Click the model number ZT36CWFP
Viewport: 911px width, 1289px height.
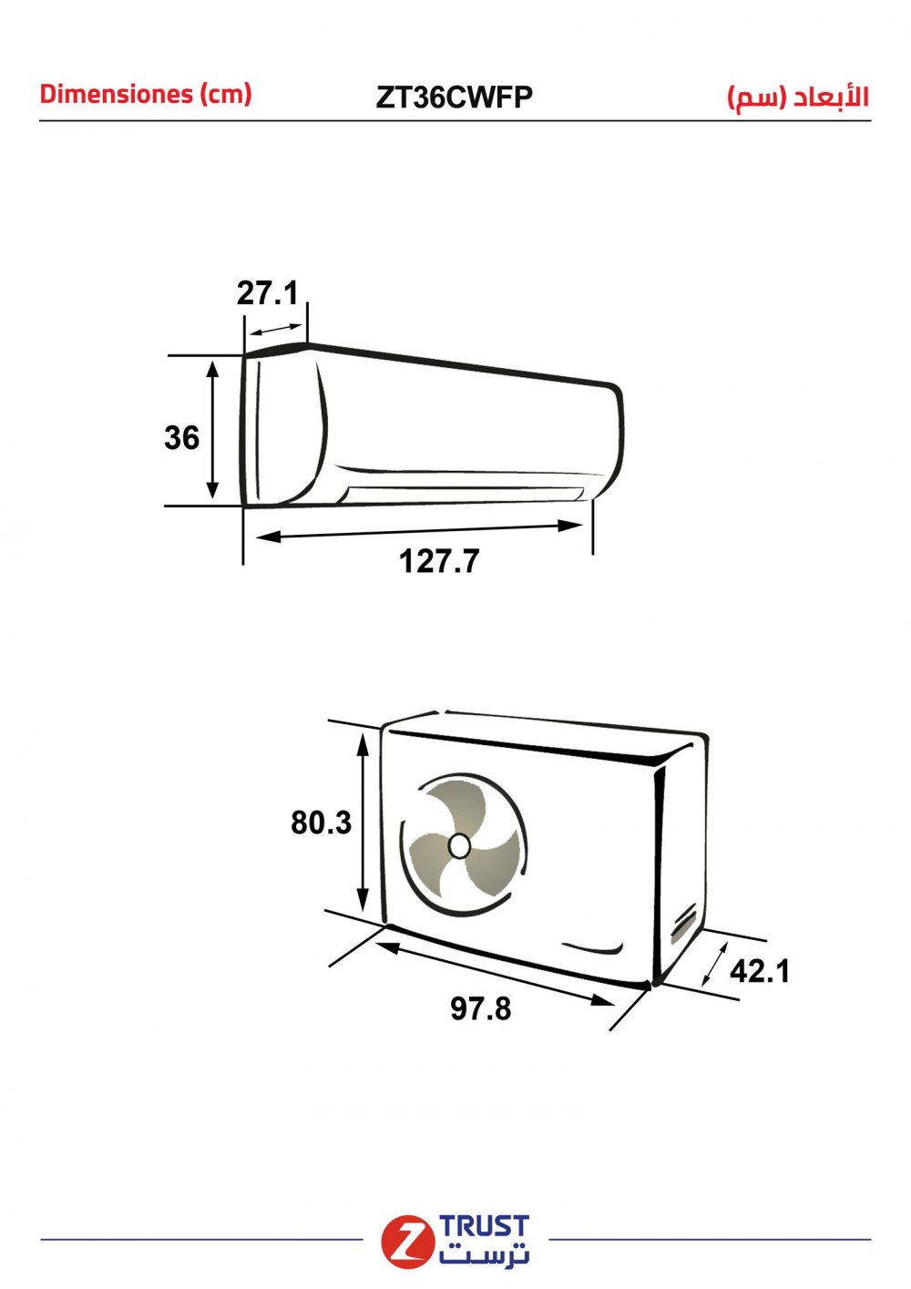coord(454,97)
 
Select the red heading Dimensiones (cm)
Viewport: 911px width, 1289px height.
coord(146,94)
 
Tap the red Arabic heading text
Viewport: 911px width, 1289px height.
coord(798,97)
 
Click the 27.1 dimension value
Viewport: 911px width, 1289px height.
coord(268,293)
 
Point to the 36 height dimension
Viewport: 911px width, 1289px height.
coord(182,437)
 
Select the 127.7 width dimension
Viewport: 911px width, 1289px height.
coord(439,561)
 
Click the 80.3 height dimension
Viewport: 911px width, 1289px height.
coord(321,823)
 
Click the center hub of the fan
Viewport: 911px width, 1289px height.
coord(459,846)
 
